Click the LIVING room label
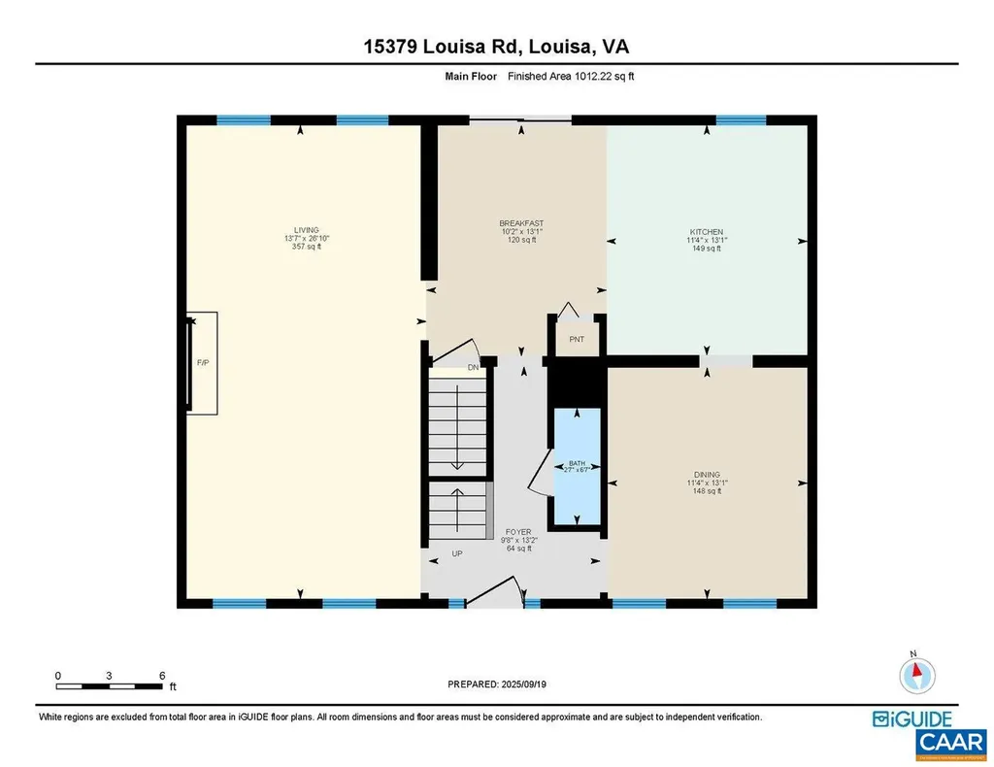point(302,230)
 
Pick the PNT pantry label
point(576,340)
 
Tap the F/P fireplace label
point(203,362)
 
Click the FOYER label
point(515,532)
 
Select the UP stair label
point(456,554)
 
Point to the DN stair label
point(473,367)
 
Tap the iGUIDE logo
point(911,719)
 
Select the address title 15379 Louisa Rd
point(496,47)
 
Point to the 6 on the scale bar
point(162,675)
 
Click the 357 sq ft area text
point(302,248)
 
